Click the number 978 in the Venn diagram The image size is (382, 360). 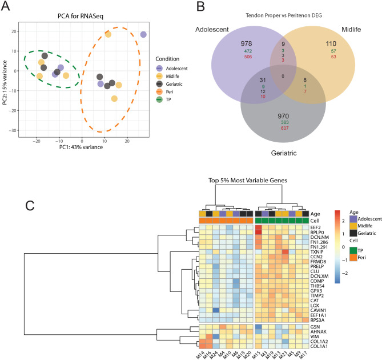tap(235, 43)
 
